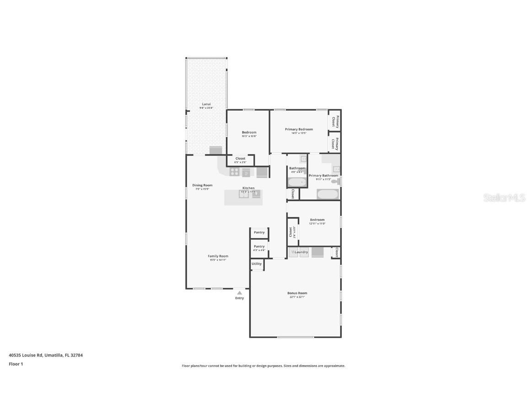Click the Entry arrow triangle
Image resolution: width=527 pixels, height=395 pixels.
pos(239,293)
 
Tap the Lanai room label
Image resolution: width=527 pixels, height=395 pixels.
pos(206,104)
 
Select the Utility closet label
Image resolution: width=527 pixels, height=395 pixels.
pos(257,264)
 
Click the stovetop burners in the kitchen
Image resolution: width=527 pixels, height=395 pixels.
pos(234,172)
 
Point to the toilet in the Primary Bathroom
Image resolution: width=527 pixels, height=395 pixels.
pos(335,182)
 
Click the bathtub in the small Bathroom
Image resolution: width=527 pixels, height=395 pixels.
pos(297,182)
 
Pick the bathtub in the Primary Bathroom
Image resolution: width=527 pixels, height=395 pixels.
pos(328,194)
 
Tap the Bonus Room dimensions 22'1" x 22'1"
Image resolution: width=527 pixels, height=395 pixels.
pos(297,297)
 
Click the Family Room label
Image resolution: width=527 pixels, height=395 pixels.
pos(218,256)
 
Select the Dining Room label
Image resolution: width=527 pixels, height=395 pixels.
pos(202,185)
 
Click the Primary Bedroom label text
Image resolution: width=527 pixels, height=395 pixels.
pos(299,129)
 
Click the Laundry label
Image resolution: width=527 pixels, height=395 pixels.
pos(301,252)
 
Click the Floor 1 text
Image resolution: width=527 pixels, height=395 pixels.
pos(16,364)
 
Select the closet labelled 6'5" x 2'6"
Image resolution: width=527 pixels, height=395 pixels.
pos(240,160)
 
